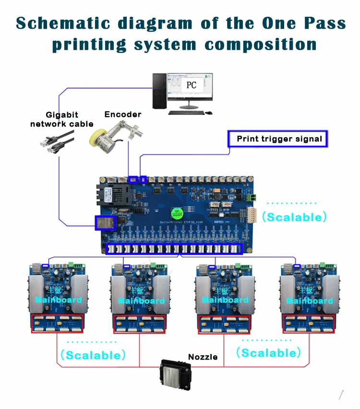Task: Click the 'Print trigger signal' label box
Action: tap(278, 140)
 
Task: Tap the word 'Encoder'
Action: tap(123, 114)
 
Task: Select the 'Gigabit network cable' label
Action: tap(61, 119)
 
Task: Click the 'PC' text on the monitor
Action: tap(191, 85)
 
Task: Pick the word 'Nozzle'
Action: tap(203, 357)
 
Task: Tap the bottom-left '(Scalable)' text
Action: tap(93, 355)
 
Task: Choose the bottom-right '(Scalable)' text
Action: tap(269, 353)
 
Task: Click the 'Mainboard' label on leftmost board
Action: tap(58, 300)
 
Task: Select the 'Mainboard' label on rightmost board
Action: tap(309, 301)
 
